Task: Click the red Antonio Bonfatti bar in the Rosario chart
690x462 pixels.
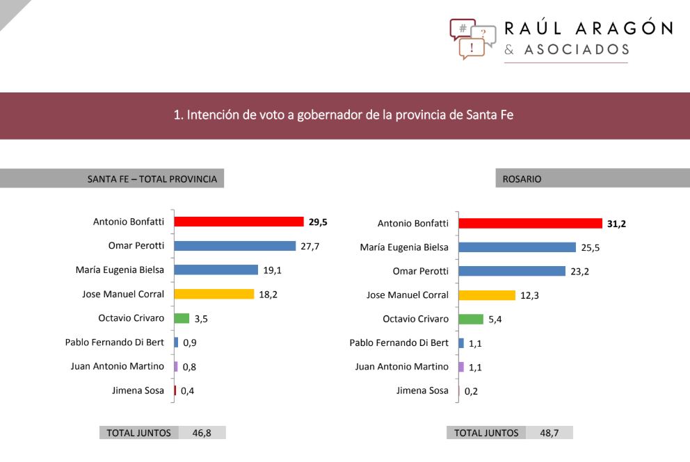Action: [x=530, y=223]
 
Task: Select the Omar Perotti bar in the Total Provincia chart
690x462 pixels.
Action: [x=234, y=246]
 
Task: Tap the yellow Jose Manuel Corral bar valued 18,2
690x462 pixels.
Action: [x=214, y=294]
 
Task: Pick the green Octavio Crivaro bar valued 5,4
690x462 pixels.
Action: [x=471, y=319]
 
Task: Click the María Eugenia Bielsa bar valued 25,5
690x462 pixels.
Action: [x=517, y=247]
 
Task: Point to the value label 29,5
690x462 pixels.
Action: [x=318, y=222]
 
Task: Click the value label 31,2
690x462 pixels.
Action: [x=616, y=224]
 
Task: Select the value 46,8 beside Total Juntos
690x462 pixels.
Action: [x=202, y=433]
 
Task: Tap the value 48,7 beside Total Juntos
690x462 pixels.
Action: [x=549, y=433]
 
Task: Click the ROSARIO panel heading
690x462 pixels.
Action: [x=522, y=179]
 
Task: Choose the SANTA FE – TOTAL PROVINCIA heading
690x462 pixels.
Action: [x=152, y=179]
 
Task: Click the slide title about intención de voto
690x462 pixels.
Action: [x=344, y=115]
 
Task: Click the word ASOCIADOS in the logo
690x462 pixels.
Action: [x=576, y=50]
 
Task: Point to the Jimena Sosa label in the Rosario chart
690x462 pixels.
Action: [x=422, y=390]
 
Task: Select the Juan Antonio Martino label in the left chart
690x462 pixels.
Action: [x=117, y=366]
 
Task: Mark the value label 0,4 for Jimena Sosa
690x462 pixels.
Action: [x=188, y=391]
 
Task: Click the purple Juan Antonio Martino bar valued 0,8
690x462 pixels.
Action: [x=176, y=366]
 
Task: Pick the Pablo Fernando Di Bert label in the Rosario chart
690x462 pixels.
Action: [x=399, y=343]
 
